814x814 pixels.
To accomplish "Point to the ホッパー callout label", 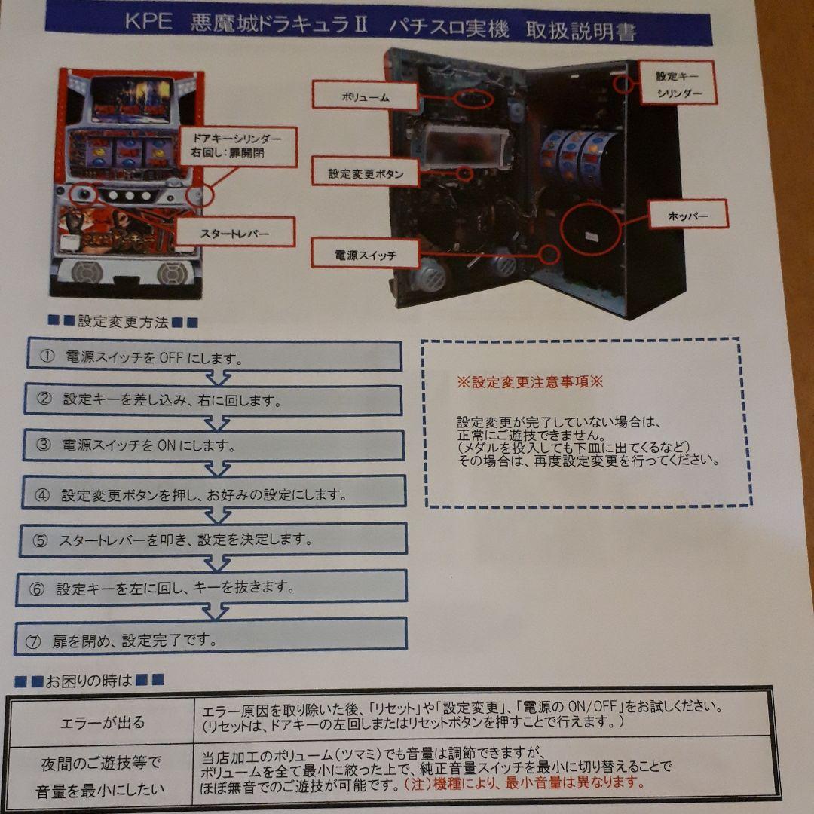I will [x=687, y=217].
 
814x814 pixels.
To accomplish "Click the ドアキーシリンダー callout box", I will [x=237, y=146].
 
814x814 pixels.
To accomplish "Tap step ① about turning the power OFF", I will [x=214, y=357].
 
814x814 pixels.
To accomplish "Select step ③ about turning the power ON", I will [x=214, y=445].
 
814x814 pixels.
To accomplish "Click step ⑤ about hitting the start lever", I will [x=214, y=540].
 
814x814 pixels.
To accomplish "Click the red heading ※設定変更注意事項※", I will [x=530, y=381].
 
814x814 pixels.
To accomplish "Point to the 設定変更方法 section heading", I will [x=123, y=323].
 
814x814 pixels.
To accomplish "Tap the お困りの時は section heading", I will [x=89, y=681].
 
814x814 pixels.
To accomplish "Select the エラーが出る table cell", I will [x=103, y=722].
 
